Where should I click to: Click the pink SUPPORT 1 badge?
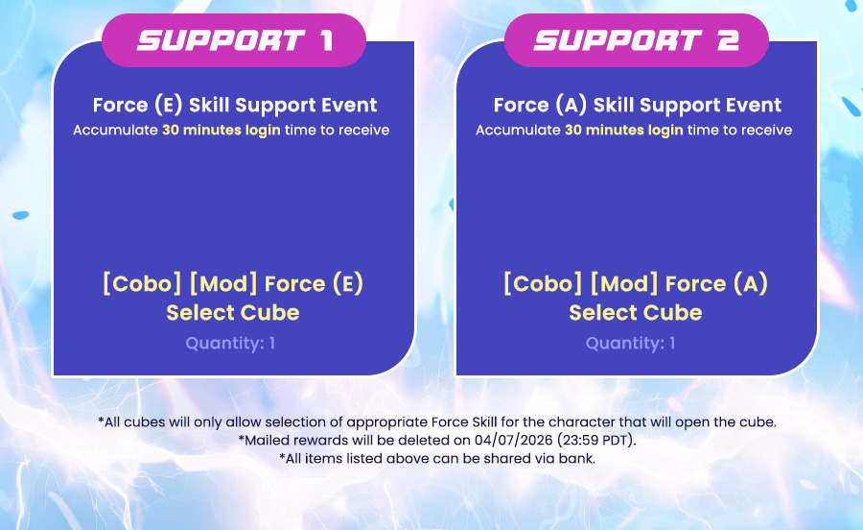234,40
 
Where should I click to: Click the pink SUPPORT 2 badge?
637,40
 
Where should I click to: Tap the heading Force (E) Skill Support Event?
235,105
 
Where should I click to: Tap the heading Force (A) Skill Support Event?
638,105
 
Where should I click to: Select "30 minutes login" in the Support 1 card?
222,130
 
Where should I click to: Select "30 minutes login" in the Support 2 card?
624,130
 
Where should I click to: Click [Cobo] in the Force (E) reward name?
142,284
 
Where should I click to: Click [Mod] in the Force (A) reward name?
623,284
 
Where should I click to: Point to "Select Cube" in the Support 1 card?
233,313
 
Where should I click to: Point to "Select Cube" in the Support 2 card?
636,313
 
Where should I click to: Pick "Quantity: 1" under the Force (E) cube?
230,343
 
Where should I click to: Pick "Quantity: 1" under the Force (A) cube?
631,343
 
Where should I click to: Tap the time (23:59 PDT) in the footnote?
595,440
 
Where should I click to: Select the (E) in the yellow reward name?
348,284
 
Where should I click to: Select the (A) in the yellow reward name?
750,284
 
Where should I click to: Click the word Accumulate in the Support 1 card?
116,130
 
